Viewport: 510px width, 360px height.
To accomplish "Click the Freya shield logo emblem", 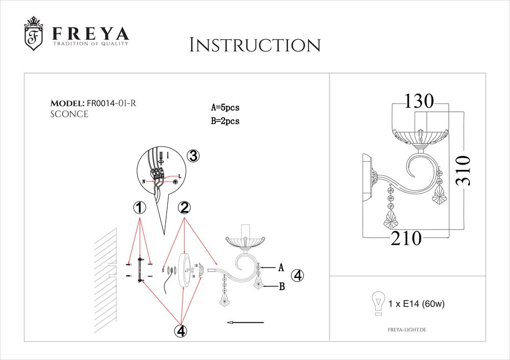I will pos(34,34).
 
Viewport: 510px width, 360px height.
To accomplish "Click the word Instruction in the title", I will pos(254,45).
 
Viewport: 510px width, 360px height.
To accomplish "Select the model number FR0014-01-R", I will pos(111,103).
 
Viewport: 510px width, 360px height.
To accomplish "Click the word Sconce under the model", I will pos(69,114).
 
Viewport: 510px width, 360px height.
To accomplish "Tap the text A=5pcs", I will pos(225,108).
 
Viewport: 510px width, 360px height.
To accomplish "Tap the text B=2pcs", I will pos(225,121).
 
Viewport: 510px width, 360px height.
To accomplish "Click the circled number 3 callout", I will pos(193,157).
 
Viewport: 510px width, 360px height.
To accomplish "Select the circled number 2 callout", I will pos(184,208).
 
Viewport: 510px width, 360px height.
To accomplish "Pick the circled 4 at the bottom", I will pos(180,331).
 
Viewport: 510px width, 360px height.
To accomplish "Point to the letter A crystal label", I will pos(280,267).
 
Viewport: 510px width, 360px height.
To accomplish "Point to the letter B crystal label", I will pos(281,287).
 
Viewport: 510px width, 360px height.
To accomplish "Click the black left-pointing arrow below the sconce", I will pos(245,322).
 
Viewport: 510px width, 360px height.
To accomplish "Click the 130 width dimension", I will pos(419,101).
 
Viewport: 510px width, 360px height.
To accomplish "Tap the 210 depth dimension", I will pos(406,238).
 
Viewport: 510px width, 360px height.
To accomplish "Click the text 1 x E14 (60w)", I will pos(417,304).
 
